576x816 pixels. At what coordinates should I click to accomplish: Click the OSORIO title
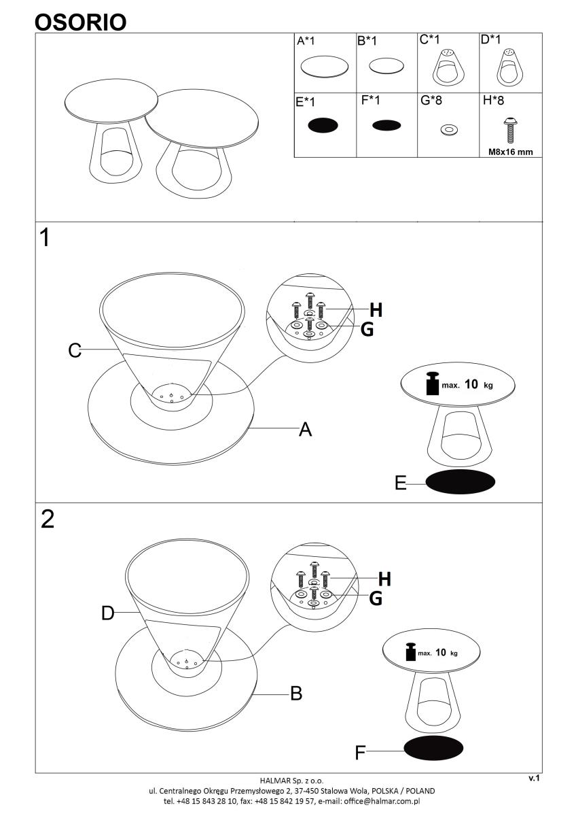coord(80,22)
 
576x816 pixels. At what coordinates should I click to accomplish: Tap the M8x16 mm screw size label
coord(510,152)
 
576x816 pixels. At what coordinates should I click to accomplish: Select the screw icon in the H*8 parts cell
coord(511,131)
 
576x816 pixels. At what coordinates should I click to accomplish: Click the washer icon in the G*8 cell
coord(449,130)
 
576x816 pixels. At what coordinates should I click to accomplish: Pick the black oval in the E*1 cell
coord(323,125)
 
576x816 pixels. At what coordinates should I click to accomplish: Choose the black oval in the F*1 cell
coord(386,126)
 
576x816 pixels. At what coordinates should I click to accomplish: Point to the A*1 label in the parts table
coord(306,41)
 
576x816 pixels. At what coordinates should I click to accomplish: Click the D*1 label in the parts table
coord(490,39)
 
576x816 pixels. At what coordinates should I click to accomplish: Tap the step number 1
coord(45,237)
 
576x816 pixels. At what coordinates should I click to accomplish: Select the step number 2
coord(48,519)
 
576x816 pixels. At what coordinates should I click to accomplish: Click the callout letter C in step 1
coord(75,350)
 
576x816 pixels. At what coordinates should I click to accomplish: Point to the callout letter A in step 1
coord(305,429)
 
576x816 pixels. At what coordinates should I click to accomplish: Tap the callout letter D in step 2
coord(108,613)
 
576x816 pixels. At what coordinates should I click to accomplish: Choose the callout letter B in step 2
coord(296,693)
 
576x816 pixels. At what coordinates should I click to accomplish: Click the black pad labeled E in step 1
coord(460,481)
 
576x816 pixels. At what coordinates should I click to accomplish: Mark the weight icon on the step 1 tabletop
coord(433,383)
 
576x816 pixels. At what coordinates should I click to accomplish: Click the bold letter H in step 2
coord(384,579)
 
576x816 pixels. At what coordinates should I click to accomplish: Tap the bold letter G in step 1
coord(367,329)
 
